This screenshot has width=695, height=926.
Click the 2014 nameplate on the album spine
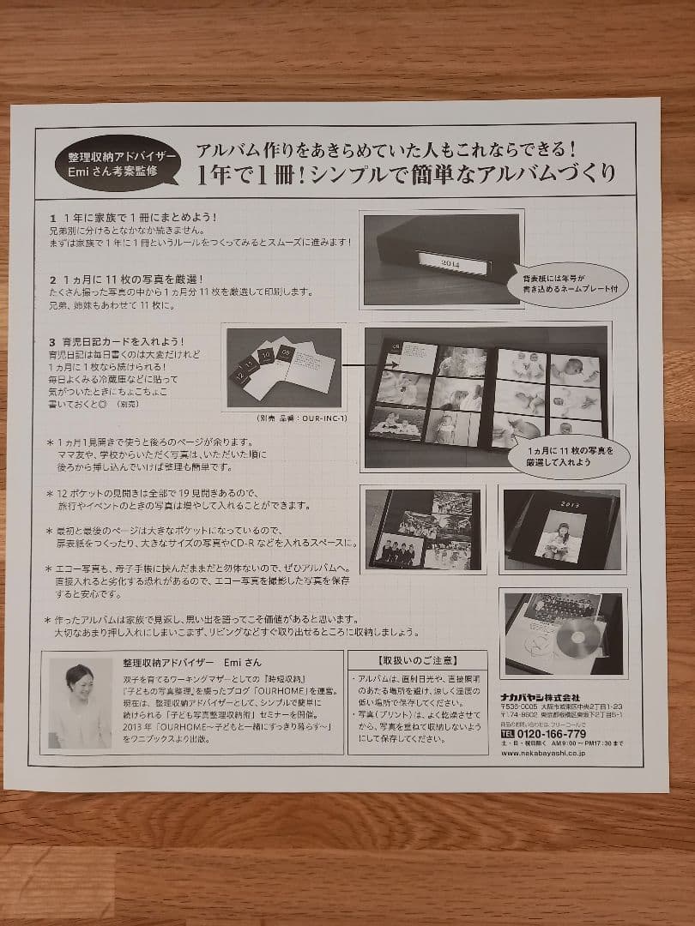click(450, 263)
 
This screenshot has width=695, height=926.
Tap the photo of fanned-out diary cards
click(284, 368)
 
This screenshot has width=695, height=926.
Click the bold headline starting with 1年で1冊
click(406, 173)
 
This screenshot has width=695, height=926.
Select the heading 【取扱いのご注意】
click(417, 661)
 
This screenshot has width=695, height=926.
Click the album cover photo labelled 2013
click(561, 529)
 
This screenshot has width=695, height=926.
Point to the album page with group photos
click(422, 530)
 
